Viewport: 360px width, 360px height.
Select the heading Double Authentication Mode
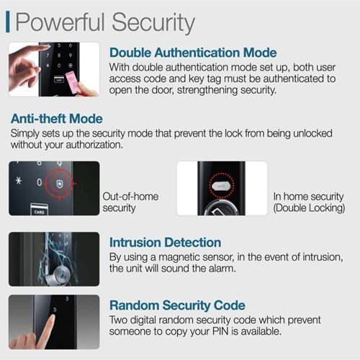point(192,53)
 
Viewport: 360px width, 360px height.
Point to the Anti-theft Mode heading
point(55,119)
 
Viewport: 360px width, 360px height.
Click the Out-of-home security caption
point(131,202)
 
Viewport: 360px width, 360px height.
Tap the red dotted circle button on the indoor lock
point(221,185)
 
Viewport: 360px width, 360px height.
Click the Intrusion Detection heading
point(165,243)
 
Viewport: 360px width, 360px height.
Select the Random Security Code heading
point(177,305)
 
